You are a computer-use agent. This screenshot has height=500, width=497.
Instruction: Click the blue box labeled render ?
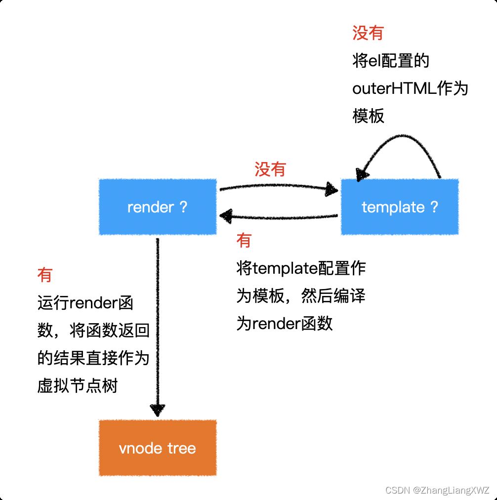pos(158,207)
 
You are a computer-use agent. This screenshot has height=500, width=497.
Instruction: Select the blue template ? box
pos(400,207)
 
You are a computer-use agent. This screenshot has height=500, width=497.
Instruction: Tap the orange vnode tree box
pos(158,448)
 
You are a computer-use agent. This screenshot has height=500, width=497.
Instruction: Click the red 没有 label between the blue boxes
pos(270,169)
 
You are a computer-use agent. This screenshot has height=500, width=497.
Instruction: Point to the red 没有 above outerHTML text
pos(368,33)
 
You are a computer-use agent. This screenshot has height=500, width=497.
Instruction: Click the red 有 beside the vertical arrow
pos(45,275)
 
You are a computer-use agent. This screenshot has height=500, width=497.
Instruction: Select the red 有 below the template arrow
pos(244,241)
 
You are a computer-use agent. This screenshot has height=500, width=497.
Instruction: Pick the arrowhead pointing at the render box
pos(226,215)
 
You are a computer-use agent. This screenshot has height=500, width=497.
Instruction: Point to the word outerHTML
pos(390,89)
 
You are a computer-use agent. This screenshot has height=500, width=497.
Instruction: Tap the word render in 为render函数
pos(277,324)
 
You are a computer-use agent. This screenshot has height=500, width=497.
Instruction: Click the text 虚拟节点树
pos(78,385)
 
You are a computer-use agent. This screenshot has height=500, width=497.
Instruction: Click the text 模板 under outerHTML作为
pos(368,116)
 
